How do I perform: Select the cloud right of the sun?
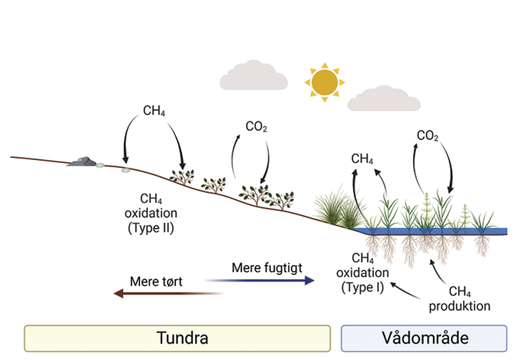pos(380,98)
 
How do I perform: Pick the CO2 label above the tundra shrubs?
pos(256,126)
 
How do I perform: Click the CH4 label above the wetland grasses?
pos(362,158)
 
